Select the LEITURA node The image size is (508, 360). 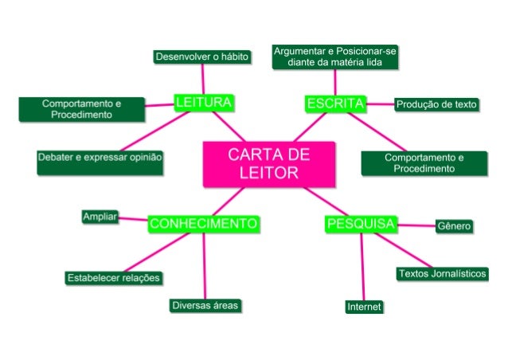point(203,102)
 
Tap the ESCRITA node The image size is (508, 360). point(335,104)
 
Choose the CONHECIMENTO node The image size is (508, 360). point(203,224)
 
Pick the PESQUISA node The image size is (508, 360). point(361,224)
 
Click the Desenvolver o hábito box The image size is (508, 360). point(203,57)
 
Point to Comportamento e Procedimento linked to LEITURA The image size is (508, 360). point(82,109)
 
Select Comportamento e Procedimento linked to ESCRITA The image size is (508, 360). point(424,163)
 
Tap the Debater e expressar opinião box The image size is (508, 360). point(100,158)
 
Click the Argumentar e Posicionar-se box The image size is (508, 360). point(335,57)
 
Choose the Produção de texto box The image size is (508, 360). point(436,104)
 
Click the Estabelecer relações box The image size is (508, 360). point(114,278)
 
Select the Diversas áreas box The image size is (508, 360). point(205,305)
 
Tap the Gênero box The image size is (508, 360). point(454,226)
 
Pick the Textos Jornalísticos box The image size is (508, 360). point(442,273)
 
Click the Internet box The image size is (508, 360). point(364,307)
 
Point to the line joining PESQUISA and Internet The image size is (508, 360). point(362,267)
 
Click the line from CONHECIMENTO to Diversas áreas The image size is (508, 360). point(204,267)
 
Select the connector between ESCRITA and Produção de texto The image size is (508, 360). point(381,104)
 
